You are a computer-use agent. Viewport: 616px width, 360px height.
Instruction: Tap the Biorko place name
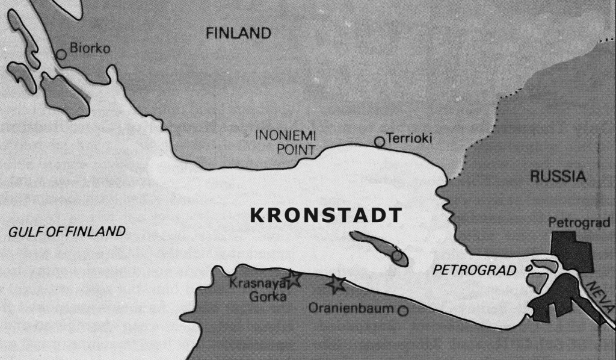[90, 49]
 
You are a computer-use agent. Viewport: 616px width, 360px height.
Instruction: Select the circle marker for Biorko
[61, 55]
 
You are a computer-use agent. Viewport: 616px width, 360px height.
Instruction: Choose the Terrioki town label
[409, 138]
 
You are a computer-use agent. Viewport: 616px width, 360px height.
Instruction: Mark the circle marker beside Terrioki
[379, 141]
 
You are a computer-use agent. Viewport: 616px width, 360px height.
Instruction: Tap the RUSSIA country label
[558, 176]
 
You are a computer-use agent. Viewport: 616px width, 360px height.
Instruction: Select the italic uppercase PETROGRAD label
[475, 270]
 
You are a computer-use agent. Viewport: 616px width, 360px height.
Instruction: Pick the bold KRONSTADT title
[325, 216]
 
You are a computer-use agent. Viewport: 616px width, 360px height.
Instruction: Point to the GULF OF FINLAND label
[67, 232]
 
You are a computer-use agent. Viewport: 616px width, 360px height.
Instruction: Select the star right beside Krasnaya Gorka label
[292, 278]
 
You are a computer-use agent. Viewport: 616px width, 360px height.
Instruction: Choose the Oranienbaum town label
[351, 309]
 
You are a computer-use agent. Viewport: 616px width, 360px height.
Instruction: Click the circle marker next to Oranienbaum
[402, 311]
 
